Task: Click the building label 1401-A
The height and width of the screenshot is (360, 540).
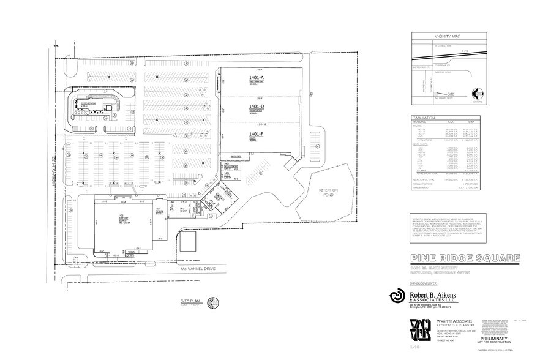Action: [256, 78]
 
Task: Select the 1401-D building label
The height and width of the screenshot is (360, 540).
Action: [256, 107]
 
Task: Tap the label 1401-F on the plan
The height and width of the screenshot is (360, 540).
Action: [256, 133]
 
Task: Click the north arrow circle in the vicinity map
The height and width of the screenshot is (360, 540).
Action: [479, 94]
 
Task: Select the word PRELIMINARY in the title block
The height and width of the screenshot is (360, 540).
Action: [496, 338]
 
